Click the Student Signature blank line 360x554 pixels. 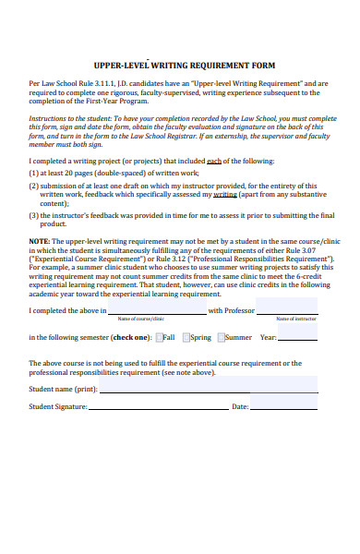coord(157,407)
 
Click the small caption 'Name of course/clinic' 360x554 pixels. coord(140,318)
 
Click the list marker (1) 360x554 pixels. coord(33,172)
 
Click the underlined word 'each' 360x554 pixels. coord(214,160)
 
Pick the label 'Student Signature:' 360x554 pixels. coord(57,407)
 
